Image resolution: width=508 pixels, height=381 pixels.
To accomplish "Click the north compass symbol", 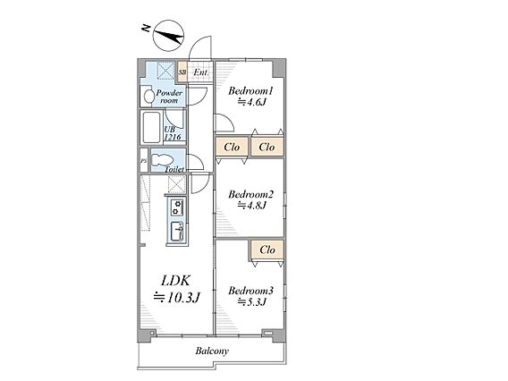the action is point(168,35).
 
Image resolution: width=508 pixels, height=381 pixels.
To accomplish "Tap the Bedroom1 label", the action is point(250,90).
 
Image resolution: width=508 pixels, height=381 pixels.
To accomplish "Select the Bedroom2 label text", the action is point(250,194).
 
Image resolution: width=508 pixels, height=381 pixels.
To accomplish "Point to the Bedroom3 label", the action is point(250,291).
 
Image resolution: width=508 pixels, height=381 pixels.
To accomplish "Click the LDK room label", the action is point(176,281).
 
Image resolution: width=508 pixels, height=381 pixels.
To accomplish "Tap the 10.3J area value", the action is point(177,297).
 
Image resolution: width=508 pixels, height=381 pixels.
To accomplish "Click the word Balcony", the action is point(212,351).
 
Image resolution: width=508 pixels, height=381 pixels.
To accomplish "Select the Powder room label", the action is point(169,97).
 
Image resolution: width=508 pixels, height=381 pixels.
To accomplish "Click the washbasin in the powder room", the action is point(149,97).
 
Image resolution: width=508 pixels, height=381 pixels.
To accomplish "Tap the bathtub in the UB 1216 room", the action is point(152,127).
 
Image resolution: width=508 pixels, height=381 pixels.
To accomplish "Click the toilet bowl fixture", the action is point(162,160).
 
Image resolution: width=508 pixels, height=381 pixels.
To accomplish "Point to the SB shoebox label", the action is point(182,72).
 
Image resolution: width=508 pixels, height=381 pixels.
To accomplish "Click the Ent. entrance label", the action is point(201,72).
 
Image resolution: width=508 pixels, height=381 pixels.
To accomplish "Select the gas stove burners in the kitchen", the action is point(177,207).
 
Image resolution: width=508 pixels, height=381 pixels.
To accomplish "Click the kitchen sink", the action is point(177,232).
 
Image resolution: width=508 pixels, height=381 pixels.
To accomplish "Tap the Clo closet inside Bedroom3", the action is point(267,250).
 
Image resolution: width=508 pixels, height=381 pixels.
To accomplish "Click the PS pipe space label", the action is point(143,160).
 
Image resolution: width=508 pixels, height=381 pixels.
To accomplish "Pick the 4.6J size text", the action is point(252,102).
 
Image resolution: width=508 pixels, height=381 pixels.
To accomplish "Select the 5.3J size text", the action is point(252,302).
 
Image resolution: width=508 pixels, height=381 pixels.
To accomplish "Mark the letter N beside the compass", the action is point(146,29).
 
